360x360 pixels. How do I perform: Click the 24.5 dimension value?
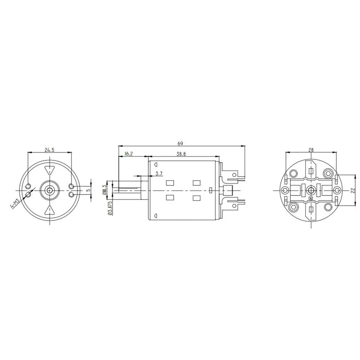click(x=49, y=150)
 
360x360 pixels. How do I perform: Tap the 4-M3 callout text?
click(x=15, y=204)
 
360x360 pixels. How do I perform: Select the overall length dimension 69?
click(x=180, y=143)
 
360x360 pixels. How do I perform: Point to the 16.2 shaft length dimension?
click(x=129, y=154)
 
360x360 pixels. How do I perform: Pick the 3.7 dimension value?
click(x=159, y=174)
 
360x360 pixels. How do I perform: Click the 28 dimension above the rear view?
click(x=311, y=150)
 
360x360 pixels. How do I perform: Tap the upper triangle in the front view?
click(x=49, y=170)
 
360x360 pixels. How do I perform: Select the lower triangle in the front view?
click(x=49, y=211)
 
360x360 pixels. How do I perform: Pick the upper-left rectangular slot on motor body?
click(x=169, y=183)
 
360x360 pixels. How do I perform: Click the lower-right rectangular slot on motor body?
click(x=196, y=197)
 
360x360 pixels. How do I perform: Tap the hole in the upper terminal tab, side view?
click(x=234, y=175)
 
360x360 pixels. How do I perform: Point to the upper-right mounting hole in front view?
click(x=71, y=186)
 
